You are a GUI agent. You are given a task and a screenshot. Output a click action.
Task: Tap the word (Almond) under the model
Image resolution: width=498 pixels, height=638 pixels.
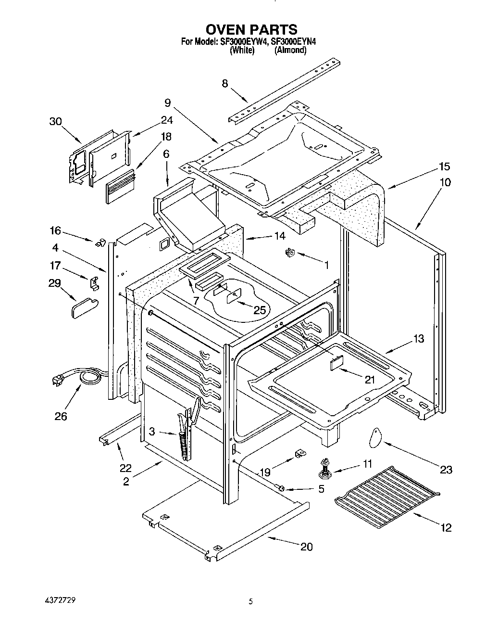[x=290, y=50]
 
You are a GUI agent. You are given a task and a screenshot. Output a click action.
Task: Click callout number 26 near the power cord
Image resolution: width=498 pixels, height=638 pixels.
[x=61, y=416]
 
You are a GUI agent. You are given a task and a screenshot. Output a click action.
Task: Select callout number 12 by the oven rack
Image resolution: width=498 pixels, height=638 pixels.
[x=446, y=528]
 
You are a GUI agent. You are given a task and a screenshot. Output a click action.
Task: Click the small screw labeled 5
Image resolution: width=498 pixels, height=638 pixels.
[x=281, y=488]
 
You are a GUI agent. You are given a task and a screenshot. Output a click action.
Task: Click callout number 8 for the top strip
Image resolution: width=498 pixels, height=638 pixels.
[x=225, y=83]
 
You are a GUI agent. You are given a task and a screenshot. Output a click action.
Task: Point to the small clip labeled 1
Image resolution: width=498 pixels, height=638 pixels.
[x=290, y=252]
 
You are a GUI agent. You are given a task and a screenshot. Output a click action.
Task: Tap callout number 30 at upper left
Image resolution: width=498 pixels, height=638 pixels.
[x=56, y=122]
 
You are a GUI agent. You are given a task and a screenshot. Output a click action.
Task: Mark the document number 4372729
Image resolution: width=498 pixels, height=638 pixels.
[x=57, y=601]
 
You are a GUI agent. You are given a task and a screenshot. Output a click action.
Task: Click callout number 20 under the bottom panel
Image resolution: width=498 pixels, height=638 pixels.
[x=306, y=547]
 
